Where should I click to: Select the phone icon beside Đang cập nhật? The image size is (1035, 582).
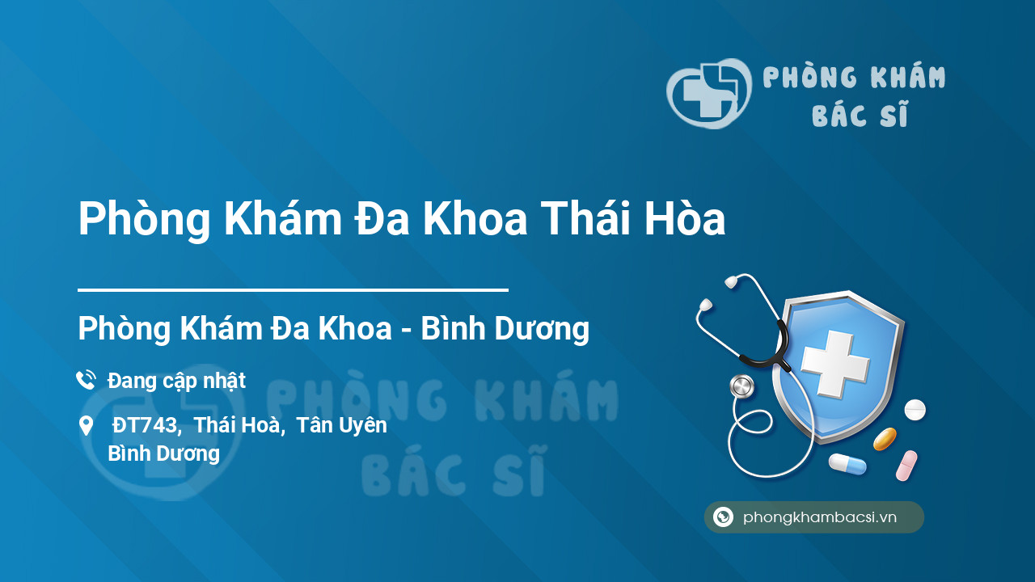point(86,380)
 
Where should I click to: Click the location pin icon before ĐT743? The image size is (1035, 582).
point(86,426)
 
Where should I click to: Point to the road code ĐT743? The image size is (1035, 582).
point(144,425)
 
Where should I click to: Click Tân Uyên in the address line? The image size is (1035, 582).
point(341,425)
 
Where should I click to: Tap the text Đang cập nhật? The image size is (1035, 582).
point(176,381)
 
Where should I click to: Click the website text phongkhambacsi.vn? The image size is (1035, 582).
point(820,517)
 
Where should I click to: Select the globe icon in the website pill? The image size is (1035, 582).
point(723,517)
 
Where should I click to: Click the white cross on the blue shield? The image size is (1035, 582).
point(835,363)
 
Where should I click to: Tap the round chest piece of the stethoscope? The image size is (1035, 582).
point(741,386)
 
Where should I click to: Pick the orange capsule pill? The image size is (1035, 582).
point(885,439)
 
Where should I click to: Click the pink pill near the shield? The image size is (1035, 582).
point(906,466)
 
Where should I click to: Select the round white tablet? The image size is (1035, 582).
point(915,410)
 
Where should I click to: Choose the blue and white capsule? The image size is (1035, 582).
point(847,464)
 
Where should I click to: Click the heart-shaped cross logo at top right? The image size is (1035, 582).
point(709,93)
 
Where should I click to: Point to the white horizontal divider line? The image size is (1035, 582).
point(293,290)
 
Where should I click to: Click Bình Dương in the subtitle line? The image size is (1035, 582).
point(505,328)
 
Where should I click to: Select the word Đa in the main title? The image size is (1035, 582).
point(382,218)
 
